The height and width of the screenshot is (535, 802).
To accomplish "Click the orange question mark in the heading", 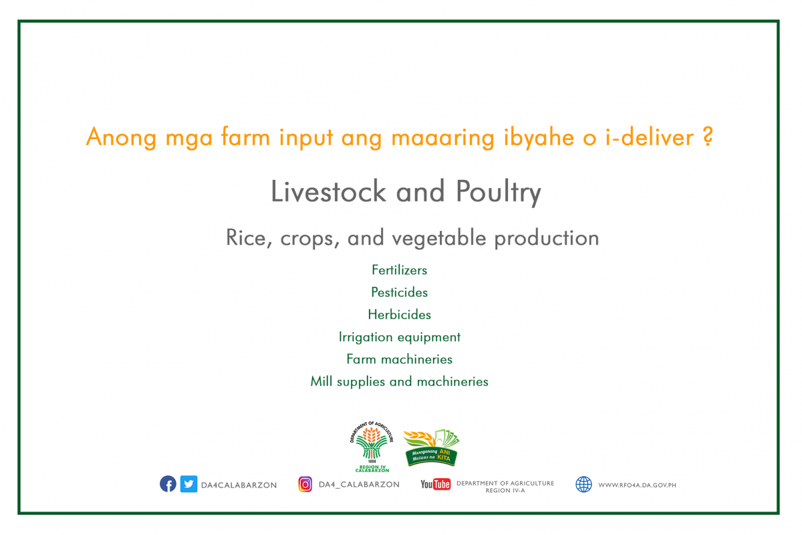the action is tap(708, 136).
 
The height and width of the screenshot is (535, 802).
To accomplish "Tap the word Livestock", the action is tap(328, 191).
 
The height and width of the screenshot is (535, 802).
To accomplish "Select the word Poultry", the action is tap(499, 193).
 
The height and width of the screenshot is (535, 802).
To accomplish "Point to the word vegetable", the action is tap(439, 239).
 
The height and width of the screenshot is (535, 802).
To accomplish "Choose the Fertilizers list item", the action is tap(399, 270).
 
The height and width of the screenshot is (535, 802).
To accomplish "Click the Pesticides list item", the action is tap(399, 292).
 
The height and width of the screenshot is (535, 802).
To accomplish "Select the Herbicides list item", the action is tap(399, 314).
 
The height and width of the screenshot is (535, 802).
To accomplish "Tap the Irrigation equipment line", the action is tap(399, 337).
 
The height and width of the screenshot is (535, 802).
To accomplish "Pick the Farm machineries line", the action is tap(399, 359).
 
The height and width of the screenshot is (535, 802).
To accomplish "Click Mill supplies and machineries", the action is tap(399, 382).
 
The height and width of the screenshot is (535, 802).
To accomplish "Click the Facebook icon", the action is tap(168, 484).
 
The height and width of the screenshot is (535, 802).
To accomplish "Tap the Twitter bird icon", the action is tap(188, 484).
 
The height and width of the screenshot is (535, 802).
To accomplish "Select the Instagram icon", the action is tap(305, 484).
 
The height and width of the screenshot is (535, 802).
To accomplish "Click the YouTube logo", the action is tap(435, 484).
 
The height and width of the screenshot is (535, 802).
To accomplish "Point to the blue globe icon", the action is tap(583, 484).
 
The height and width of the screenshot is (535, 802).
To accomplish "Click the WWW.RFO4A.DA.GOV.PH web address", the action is tap(637, 486).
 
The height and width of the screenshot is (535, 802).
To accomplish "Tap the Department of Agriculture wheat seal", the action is tap(372, 447).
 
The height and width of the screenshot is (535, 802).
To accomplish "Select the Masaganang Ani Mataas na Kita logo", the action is tap(432, 448).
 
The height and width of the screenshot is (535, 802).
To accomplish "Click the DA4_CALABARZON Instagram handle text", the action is tap(359, 485).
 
